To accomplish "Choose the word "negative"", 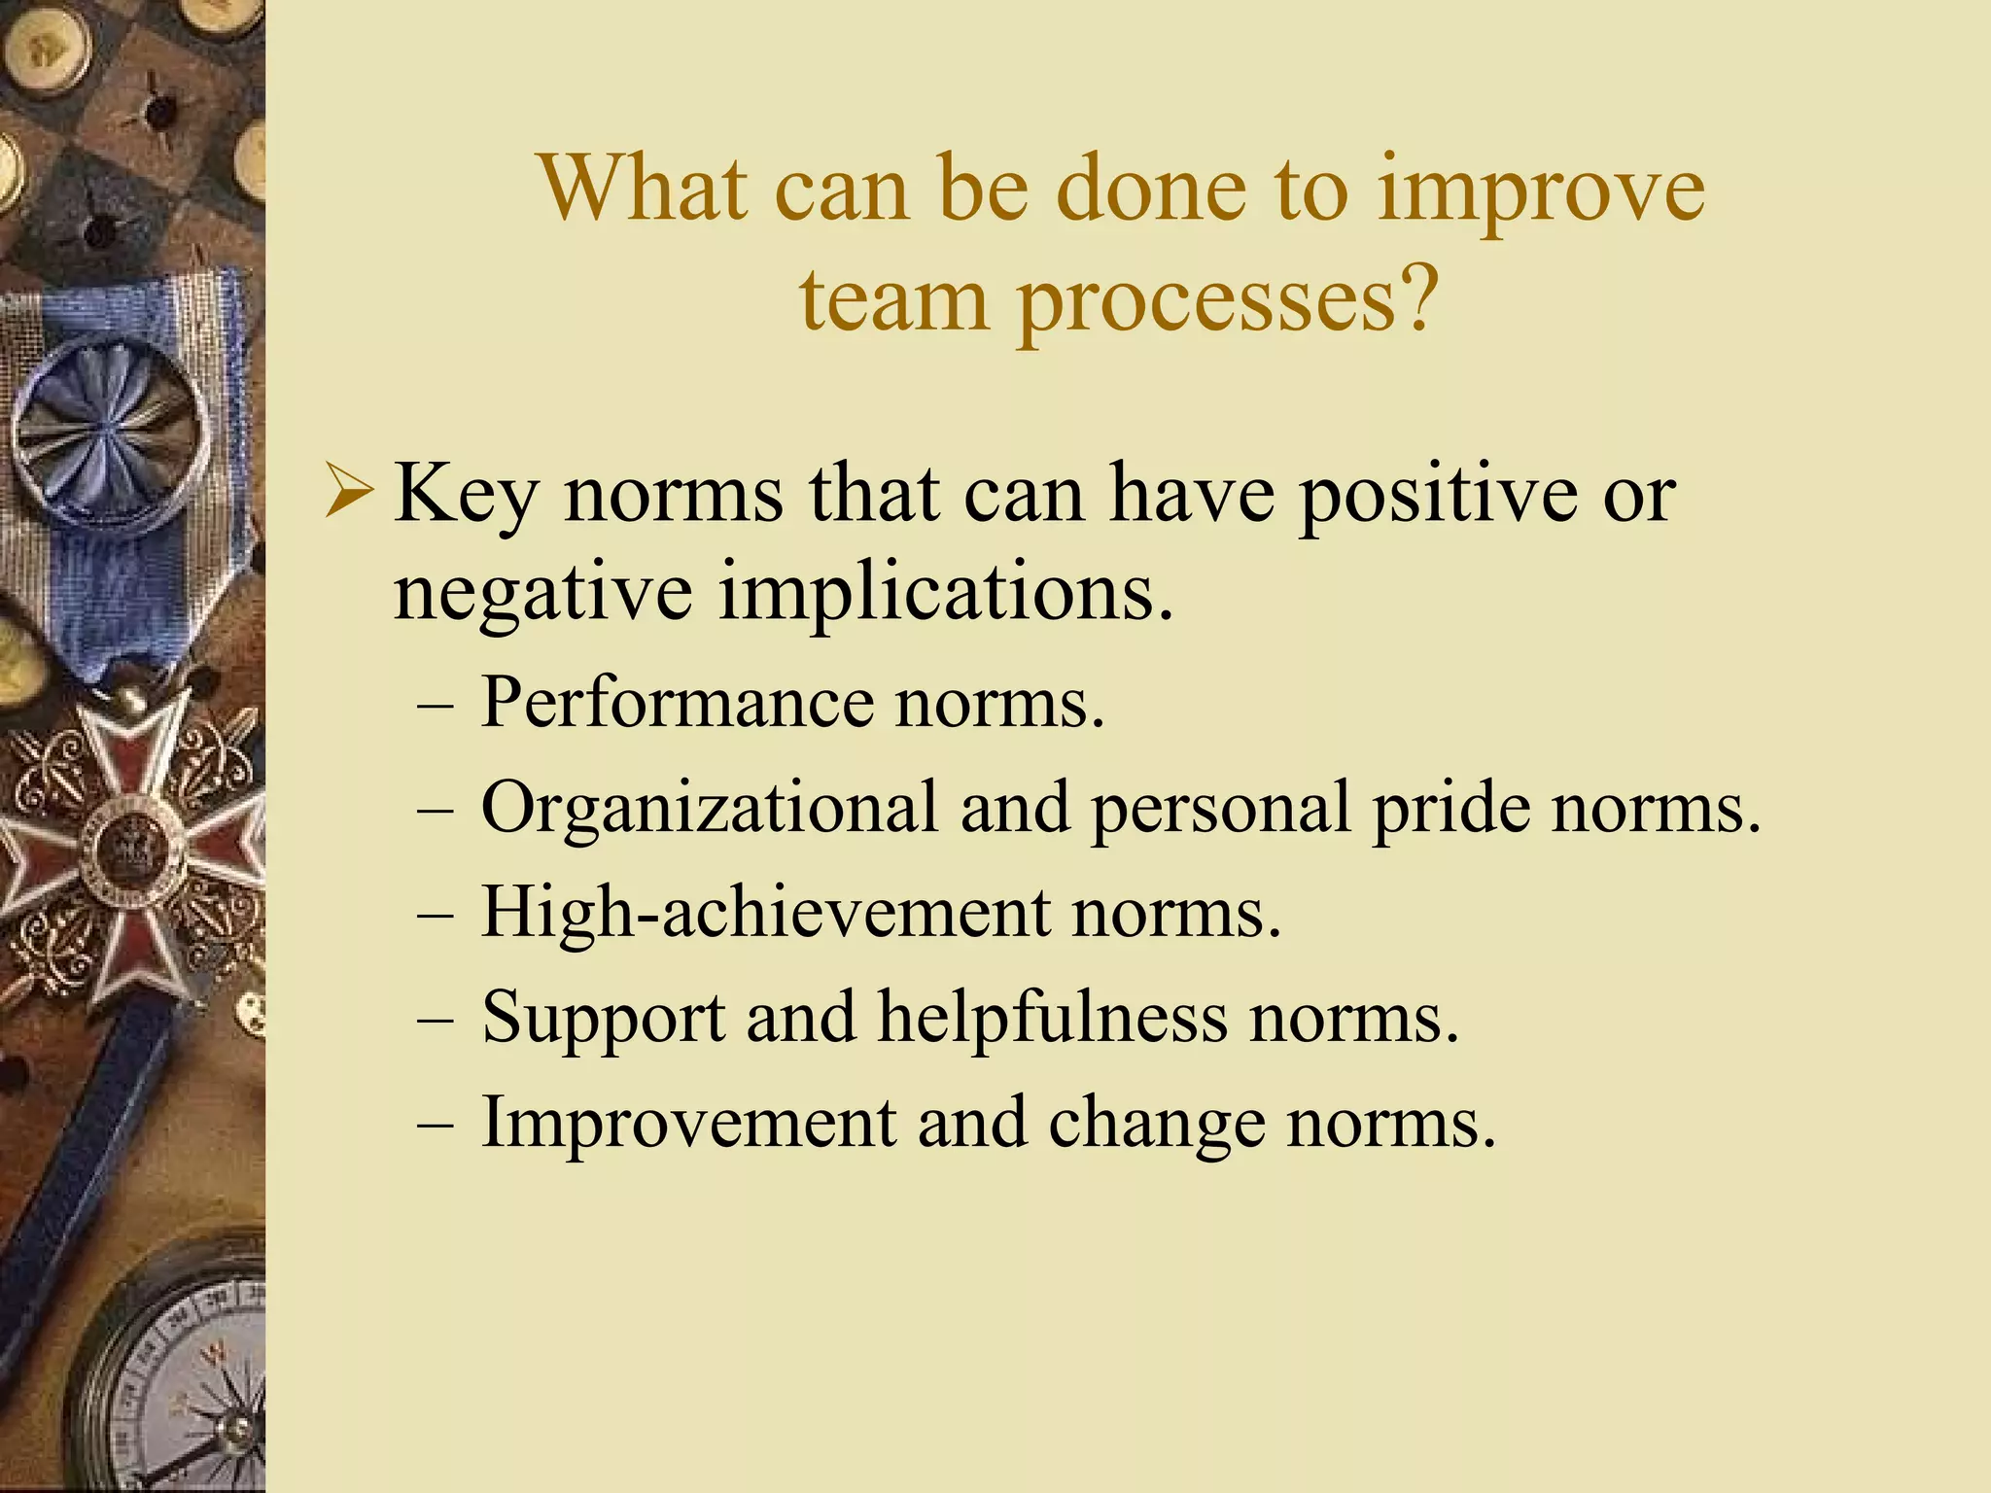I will click(542, 595).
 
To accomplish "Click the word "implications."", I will click(945, 595).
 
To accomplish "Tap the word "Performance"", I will click(678, 702).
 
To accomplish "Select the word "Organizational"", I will click(710, 809).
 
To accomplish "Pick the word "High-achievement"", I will click(766, 914).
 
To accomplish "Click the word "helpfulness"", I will click(1053, 1019).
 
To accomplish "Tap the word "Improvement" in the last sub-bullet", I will click(688, 1124).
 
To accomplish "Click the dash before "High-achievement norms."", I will click(435, 917).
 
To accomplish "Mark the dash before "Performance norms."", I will click(435, 706).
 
